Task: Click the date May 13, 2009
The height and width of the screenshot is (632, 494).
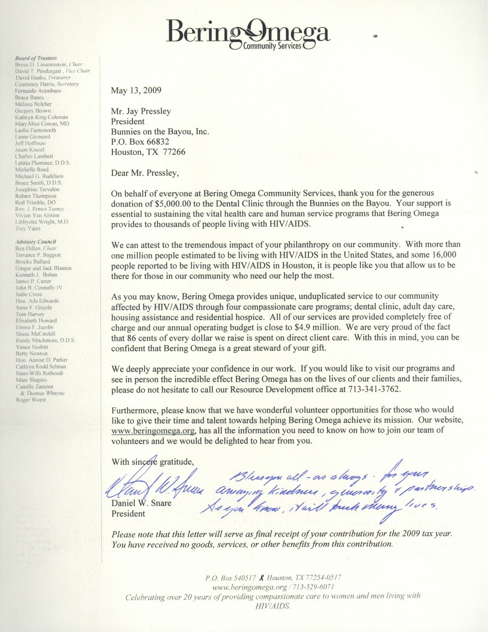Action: [136, 91]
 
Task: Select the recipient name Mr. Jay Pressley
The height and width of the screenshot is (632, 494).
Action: [141, 111]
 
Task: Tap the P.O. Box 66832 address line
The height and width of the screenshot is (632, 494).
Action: [140, 142]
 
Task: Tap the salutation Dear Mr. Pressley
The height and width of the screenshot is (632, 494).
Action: [145, 173]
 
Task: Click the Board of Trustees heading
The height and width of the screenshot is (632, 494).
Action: [36, 58]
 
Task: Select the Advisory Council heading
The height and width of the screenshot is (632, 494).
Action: [36, 242]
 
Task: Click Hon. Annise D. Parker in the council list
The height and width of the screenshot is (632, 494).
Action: [41, 360]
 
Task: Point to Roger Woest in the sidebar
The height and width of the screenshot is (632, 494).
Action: [31, 400]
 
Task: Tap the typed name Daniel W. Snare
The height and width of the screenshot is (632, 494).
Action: [141, 503]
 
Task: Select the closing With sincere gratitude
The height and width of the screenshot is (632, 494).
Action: [152, 462]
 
